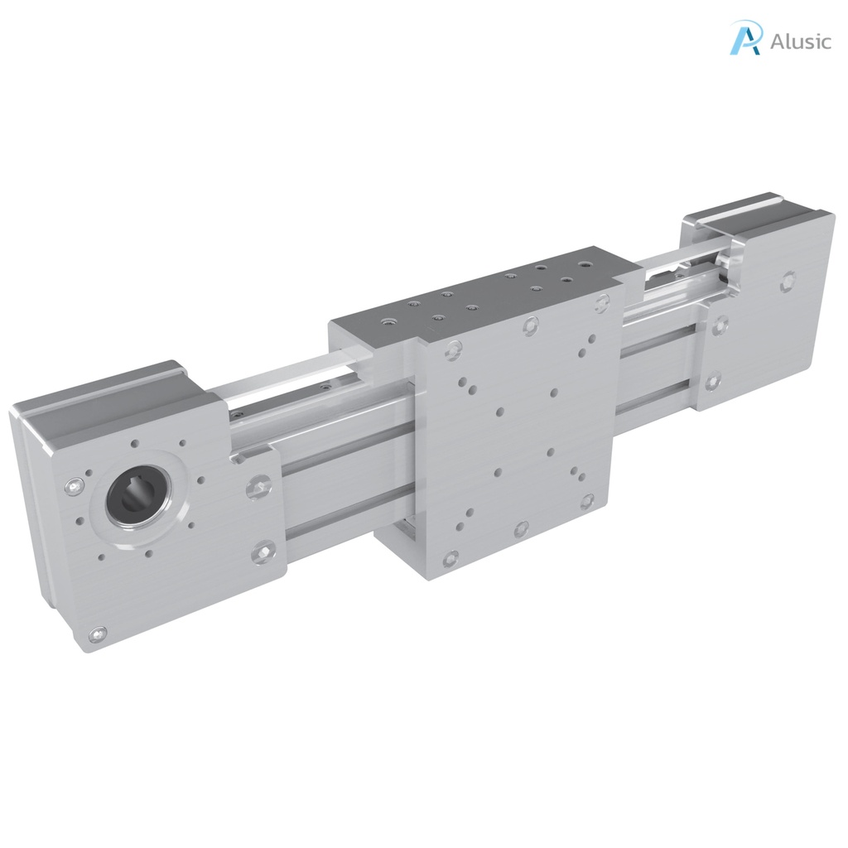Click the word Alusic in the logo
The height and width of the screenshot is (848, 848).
point(800,41)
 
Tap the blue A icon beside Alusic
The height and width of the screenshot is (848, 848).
point(744,39)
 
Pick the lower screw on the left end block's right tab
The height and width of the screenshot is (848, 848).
point(265,549)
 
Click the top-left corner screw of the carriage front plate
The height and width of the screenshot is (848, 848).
point(452,351)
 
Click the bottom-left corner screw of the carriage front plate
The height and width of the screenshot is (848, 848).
point(450,559)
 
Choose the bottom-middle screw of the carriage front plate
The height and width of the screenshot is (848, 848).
point(520,529)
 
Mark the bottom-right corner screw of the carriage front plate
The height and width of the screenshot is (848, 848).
point(587,501)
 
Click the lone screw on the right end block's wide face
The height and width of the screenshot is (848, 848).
point(788,282)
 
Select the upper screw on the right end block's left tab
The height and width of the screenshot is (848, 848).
point(720,324)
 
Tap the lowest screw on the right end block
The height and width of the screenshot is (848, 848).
point(713,382)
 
